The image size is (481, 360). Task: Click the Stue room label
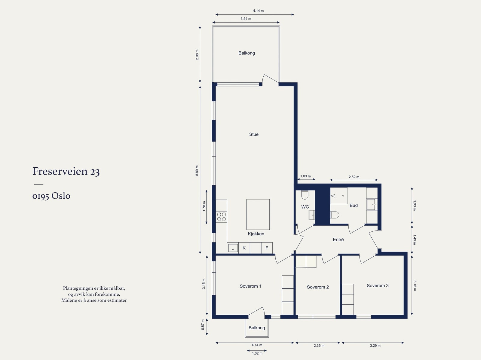[x=254, y=134]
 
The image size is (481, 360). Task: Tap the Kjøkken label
[x=256, y=234]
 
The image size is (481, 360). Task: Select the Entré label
[x=338, y=239]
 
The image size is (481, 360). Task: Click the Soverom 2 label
[x=318, y=287]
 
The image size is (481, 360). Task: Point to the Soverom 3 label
[x=378, y=285]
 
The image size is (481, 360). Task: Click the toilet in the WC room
[x=305, y=195]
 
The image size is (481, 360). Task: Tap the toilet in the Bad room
[x=335, y=215]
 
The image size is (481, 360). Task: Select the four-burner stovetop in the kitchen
[x=221, y=217]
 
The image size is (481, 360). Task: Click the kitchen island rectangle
[x=258, y=214]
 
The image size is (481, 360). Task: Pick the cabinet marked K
[x=244, y=248]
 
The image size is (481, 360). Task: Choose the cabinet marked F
[x=267, y=248]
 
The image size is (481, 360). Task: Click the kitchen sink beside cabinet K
[x=233, y=248]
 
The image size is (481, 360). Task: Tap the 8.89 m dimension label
[x=197, y=171]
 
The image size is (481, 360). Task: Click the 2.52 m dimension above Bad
[x=354, y=177]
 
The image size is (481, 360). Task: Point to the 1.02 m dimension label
[x=257, y=353]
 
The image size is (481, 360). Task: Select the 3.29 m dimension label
[x=375, y=346]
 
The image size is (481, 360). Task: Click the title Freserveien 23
[x=66, y=171]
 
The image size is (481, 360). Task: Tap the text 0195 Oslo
[x=51, y=196]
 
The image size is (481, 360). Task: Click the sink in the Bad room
[x=372, y=204]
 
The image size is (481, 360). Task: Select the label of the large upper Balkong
[x=247, y=53]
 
